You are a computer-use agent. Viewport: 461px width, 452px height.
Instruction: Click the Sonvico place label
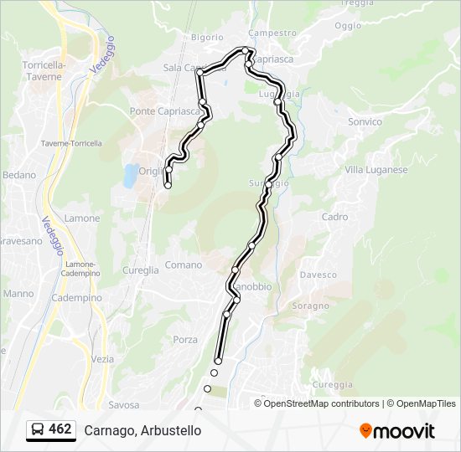365,122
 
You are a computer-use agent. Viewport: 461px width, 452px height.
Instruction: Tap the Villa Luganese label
376,170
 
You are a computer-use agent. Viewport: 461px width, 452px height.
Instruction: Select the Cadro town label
334,217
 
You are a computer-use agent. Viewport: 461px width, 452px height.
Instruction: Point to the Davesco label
319,275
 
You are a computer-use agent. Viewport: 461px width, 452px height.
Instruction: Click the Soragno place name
311,306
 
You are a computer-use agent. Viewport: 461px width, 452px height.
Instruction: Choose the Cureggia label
333,385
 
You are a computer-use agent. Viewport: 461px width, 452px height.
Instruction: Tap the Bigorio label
207,38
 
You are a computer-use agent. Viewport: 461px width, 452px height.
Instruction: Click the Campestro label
273,33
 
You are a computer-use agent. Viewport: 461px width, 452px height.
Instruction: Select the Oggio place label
348,25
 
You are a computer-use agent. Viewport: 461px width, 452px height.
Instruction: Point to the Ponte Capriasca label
165,111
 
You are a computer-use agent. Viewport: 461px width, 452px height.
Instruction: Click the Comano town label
184,265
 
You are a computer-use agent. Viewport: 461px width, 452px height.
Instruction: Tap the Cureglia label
141,270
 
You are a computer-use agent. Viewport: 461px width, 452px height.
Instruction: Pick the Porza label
185,340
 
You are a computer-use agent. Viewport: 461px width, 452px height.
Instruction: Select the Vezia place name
102,358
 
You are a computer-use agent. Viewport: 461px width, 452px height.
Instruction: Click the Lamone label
82,218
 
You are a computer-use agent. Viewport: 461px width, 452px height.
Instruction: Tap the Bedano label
20,175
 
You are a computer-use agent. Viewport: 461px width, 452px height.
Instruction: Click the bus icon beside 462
39,430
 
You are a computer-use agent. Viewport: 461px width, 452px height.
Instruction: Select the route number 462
60,429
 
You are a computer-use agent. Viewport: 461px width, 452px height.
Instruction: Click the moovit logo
397,431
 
